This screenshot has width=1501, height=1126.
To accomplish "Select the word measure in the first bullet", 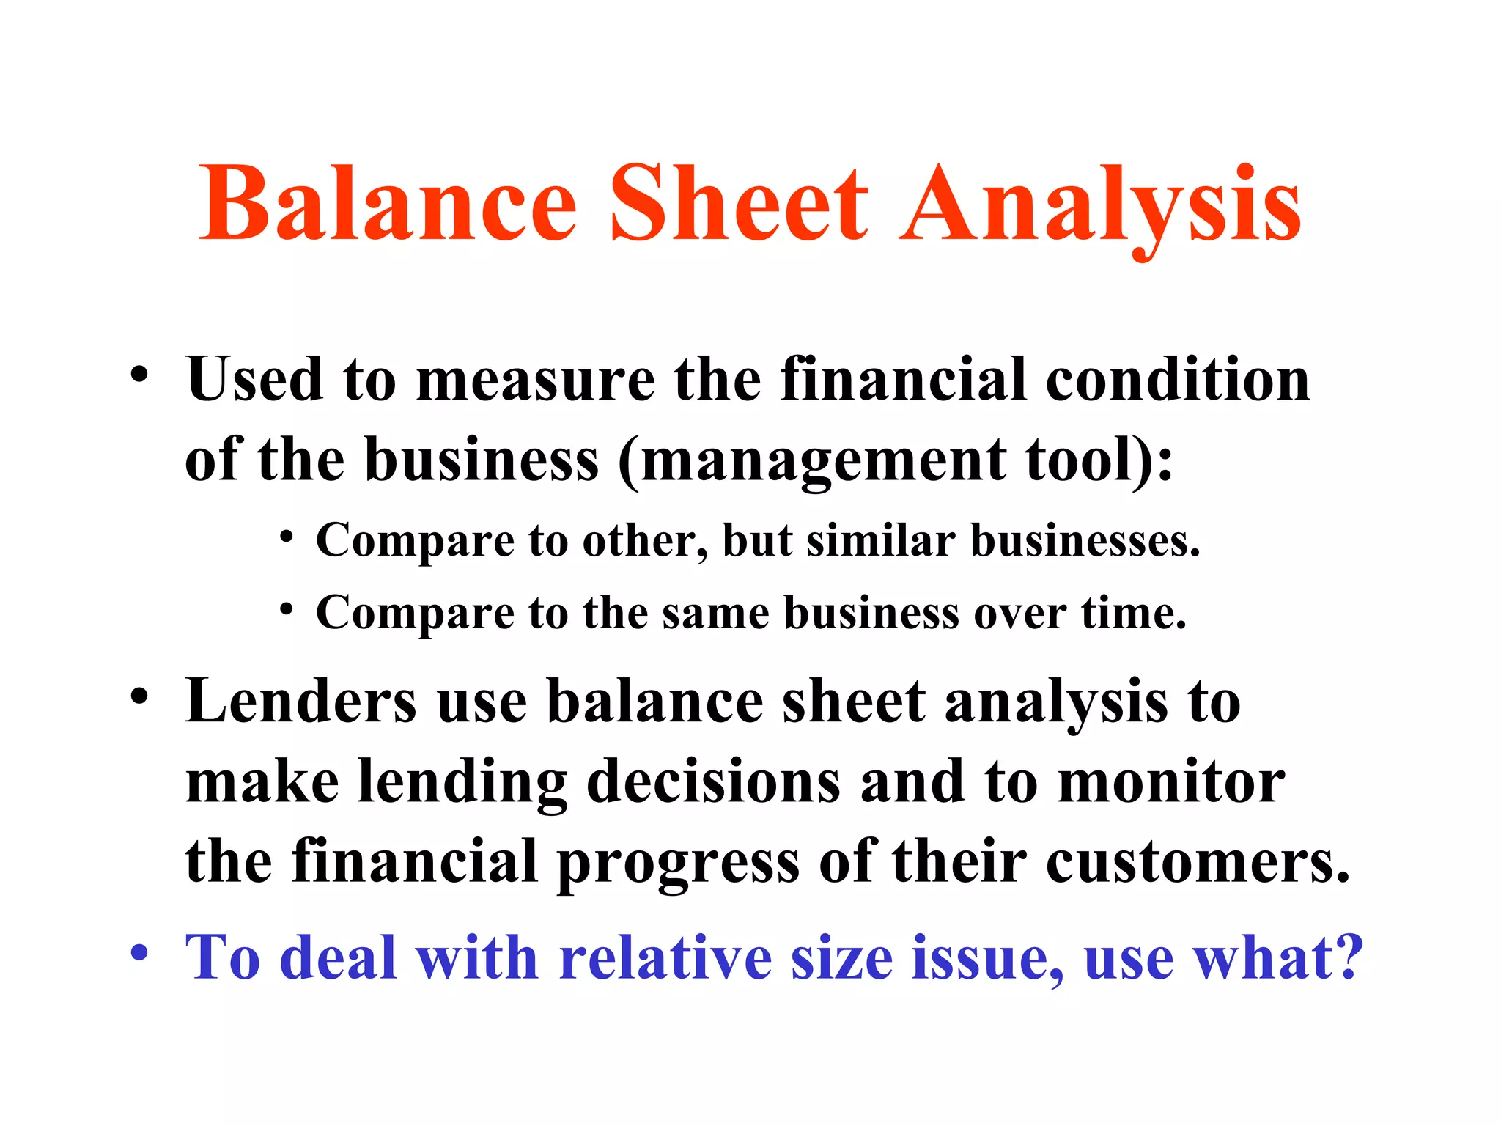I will click(535, 381).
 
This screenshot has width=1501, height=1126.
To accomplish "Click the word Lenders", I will click(300, 702).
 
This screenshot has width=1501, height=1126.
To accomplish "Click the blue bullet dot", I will click(139, 953).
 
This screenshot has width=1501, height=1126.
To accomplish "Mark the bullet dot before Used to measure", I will click(139, 375).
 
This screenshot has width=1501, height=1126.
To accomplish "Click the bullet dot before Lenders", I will click(139, 696).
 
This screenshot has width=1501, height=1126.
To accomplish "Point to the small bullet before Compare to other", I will click(287, 538).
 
